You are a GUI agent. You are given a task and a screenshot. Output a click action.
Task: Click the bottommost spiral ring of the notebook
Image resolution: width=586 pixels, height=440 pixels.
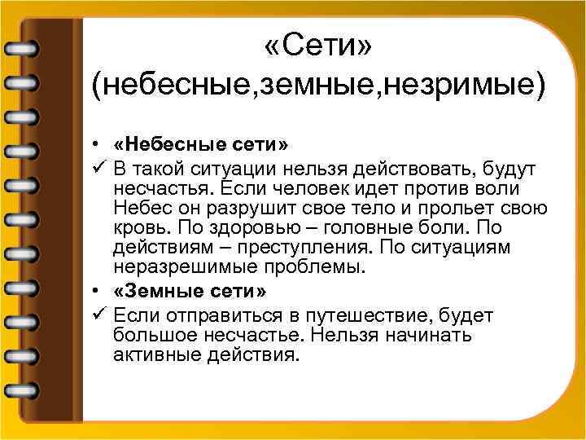click(23, 389)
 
